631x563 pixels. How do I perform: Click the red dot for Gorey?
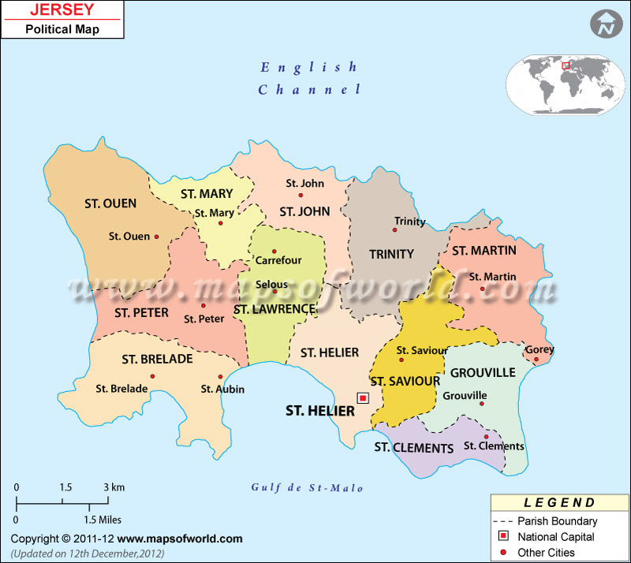pyautogui.click(x=536, y=360)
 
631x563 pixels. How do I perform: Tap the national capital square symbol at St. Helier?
pyautogui.click(x=363, y=398)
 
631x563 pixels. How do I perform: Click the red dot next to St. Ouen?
pyautogui.click(x=157, y=237)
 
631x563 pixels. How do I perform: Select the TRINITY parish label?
pyautogui.click(x=391, y=254)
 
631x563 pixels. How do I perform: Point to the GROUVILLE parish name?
pyautogui.click(x=482, y=372)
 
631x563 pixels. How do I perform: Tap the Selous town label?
pyautogui.click(x=272, y=285)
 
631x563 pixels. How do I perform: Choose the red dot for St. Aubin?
pyautogui.click(x=220, y=377)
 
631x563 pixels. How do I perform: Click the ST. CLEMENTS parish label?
pyautogui.click(x=413, y=449)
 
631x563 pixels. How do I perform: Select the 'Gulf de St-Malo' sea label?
pyautogui.click(x=308, y=488)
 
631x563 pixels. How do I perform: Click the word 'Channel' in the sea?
pyautogui.click(x=309, y=90)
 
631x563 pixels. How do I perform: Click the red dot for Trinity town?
pyautogui.click(x=395, y=230)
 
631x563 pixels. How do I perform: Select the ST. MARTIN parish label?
pyautogui.click(x=484, y=251)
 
